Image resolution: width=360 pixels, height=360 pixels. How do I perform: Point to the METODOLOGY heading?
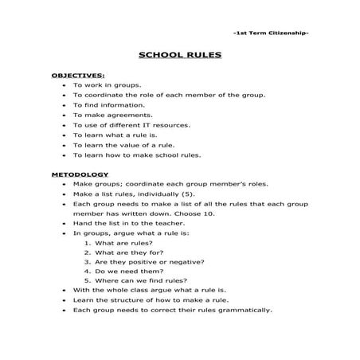pos(80,173)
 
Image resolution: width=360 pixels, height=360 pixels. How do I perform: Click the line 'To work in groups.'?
pos(108,84)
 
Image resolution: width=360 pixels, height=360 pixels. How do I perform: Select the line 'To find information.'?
pos(110,104)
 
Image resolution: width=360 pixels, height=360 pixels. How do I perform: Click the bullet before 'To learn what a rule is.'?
pos(63,135)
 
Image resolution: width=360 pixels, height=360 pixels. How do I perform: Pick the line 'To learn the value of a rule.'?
pos(123,145)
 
